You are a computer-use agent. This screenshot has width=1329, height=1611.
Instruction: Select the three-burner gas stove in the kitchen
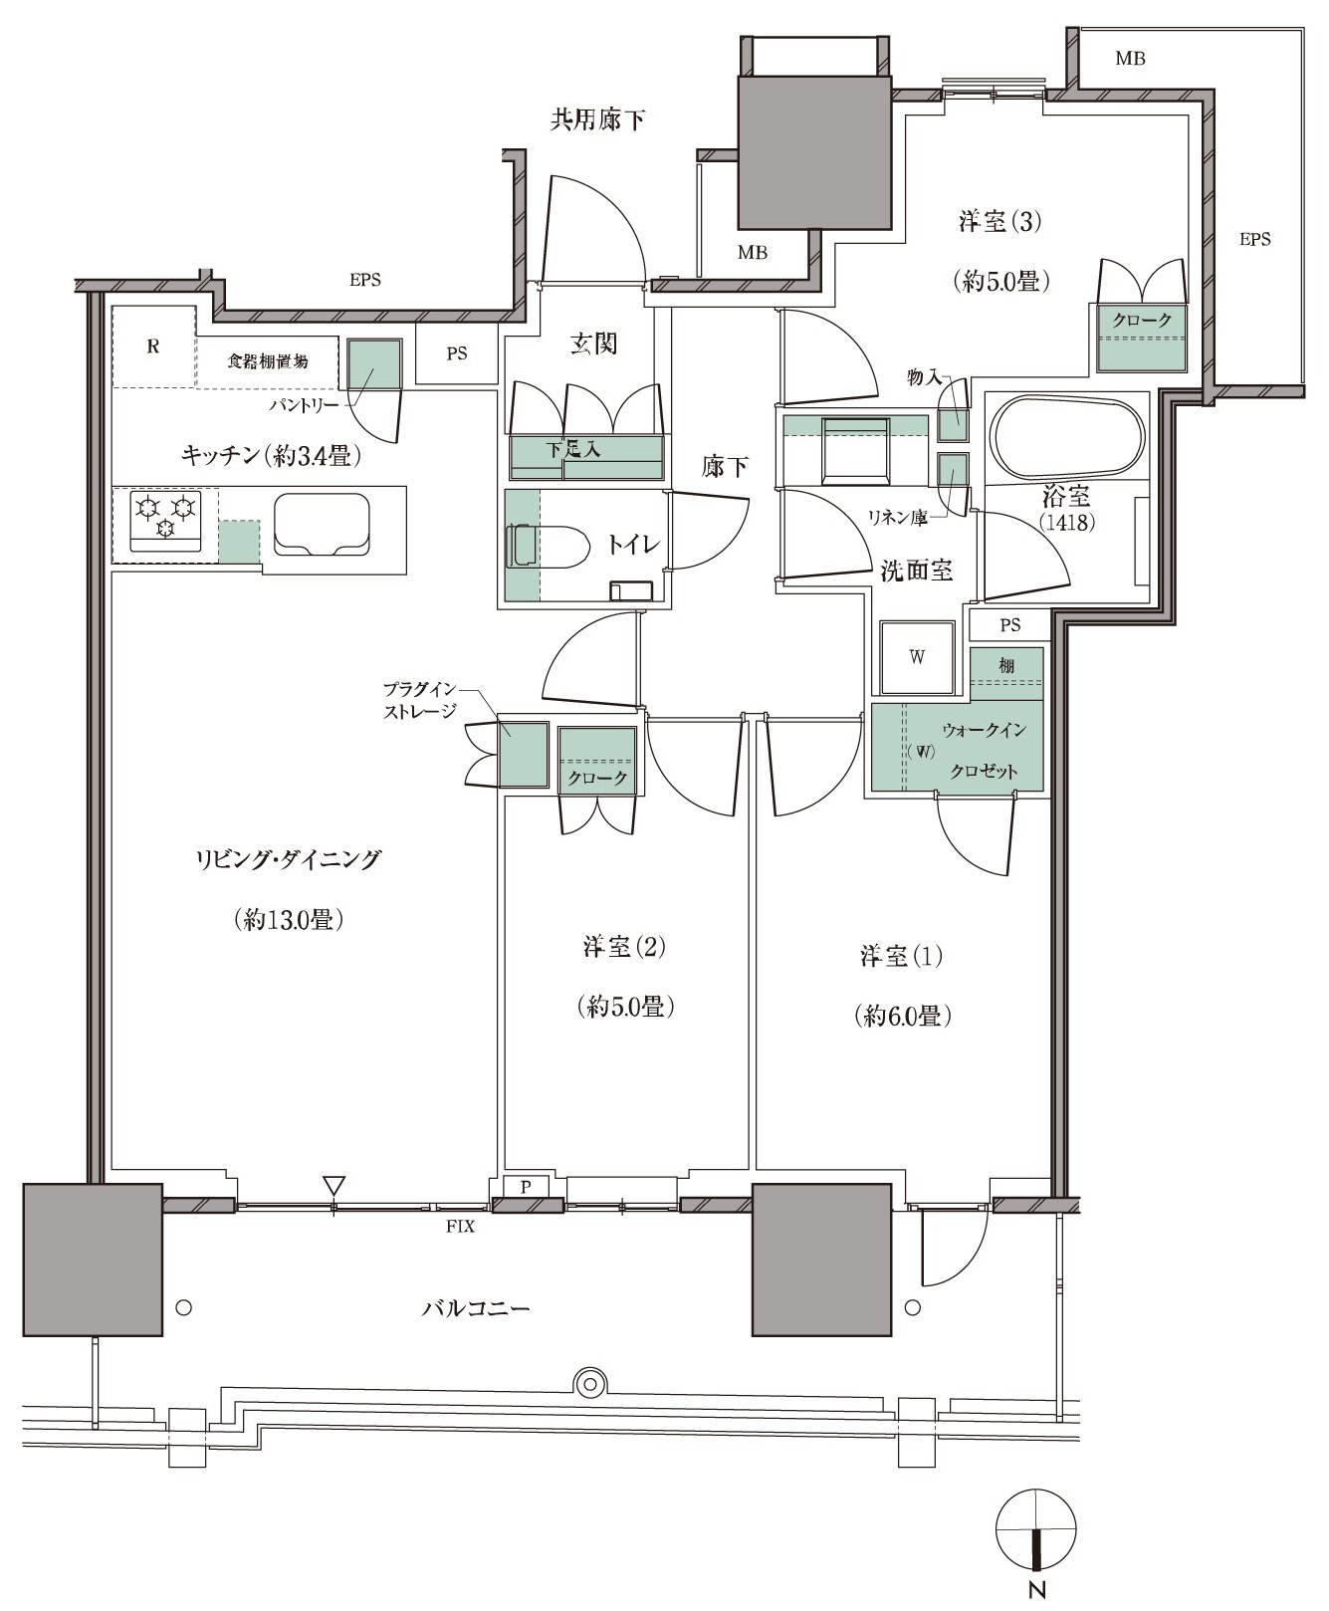(165, 520)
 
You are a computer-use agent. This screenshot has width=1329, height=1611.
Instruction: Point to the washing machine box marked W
(916, 657)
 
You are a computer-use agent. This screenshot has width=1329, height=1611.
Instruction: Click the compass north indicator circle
(1037, 1529)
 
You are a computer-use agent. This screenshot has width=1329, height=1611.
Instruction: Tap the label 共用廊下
(597, 120)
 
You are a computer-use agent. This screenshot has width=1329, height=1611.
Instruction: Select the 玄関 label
(593, 344)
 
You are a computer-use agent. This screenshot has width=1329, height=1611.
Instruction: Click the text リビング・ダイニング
(288, 858)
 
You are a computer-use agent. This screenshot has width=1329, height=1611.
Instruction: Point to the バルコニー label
(476, 1307)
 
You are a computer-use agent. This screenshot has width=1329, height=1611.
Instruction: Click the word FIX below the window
(460, 1227)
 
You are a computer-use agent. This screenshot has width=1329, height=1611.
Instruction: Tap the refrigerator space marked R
(153, 345)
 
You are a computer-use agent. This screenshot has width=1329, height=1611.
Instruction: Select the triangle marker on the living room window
(333, 1186)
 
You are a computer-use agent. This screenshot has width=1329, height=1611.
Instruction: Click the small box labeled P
(527, 1186)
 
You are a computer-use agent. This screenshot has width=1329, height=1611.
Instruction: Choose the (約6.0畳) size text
(902, 1016)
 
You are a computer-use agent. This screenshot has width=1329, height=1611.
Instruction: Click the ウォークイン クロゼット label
(982, 750)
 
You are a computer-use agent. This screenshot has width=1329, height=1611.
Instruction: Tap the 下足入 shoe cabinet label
(574, 450)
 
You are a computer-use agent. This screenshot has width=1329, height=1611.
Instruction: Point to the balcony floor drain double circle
(590, 1383)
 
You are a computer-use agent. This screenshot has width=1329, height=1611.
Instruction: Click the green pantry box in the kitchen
(374, 364)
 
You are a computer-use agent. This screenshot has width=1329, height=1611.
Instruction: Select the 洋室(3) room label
(999, 221)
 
